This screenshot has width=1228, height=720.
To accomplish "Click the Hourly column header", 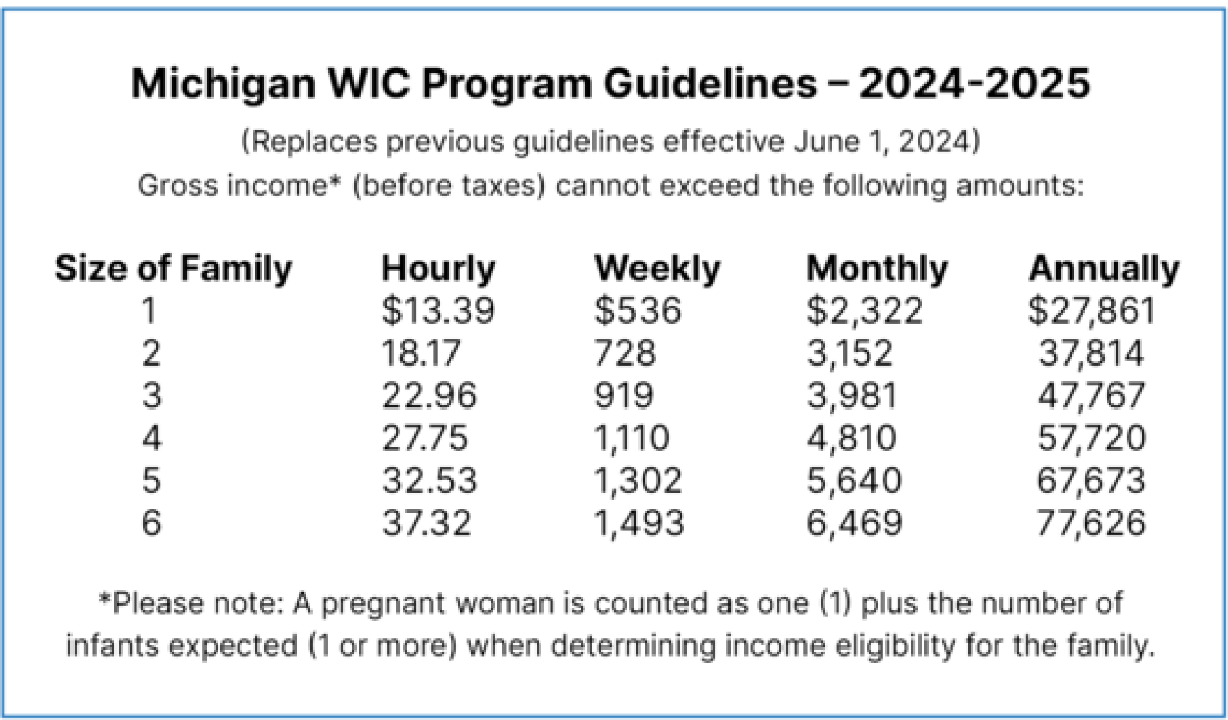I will coord(438,268).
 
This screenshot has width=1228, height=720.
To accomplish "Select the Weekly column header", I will coord(657,268).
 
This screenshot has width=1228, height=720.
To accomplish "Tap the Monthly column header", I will coord(876,268).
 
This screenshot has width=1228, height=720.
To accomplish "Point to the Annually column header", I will coord(1103,268).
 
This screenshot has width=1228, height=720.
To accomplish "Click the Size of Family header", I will coord(174,268).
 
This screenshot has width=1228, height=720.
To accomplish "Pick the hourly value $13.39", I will coord(438,310).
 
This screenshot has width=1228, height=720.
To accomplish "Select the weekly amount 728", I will coord(624,353).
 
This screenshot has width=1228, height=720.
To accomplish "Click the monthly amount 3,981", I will coord(851,396).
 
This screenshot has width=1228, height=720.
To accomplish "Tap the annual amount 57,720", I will coord(1091,438).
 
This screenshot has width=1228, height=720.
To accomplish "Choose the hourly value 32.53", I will coord(429,481).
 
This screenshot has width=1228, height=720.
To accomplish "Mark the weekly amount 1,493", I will coord(638,523).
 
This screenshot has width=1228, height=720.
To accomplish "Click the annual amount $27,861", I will coord(1091,310).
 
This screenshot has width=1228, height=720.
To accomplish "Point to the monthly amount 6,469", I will coord(854,523).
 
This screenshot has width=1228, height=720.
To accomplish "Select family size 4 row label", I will coord(151,438).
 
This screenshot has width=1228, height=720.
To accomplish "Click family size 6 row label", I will coord(151,523).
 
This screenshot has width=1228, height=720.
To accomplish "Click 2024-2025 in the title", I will coord(974,84).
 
